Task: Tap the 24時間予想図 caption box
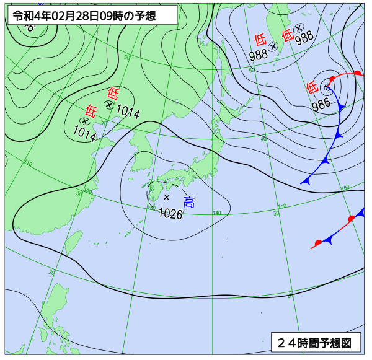[x=315, y=341]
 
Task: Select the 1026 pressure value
[x=170, y=214]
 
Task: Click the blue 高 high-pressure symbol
[x=188, y=201]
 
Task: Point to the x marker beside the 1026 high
[x=166, y=197]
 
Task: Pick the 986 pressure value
[x=321, y=104]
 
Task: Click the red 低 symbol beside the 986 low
[x=312, y=88]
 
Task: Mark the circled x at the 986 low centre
[x=327, y=87]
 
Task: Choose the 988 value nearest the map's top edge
[x=304, y=38]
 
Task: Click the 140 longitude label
[x=216, y=213]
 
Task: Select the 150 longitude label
[x=282, y=206]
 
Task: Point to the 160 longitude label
[x=346, y=187]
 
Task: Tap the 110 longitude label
[x=28, y=164]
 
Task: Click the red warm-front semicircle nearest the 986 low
[x=333, y=79]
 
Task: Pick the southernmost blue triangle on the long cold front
[x=306, y=180]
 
